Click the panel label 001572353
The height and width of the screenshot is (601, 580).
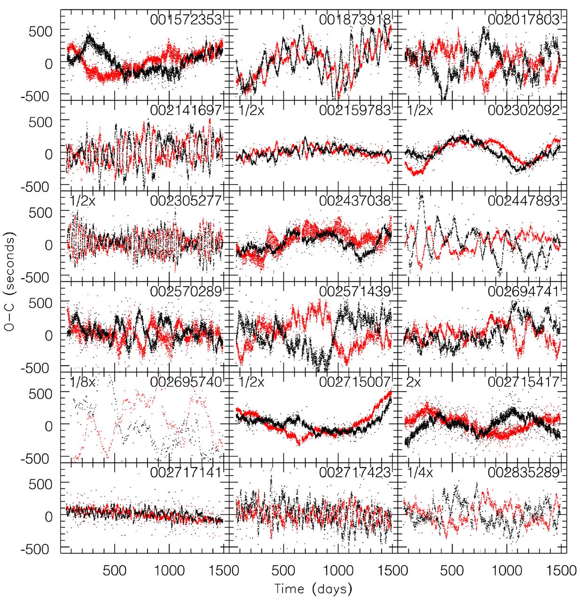(x=186, y=20)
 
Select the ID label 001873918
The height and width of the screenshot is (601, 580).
(x=354, y=20)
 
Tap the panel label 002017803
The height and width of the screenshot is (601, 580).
(x=524, y=20)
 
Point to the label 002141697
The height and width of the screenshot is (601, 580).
(x=186, y=110)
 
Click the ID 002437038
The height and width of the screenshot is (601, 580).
(x=354, y=201)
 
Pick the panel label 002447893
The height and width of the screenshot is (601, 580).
(x=524, y=201)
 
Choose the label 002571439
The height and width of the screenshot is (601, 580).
(x=354, y=292)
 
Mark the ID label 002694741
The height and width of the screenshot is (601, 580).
(x=524, y=292)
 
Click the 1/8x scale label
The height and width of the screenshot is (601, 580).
(x=83, y=382)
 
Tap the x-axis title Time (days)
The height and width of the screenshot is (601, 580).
(x=313, y=589)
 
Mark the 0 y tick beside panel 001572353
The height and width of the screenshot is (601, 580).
(x=49, y=64)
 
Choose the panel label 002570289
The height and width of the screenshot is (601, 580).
(x=186, y=292)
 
